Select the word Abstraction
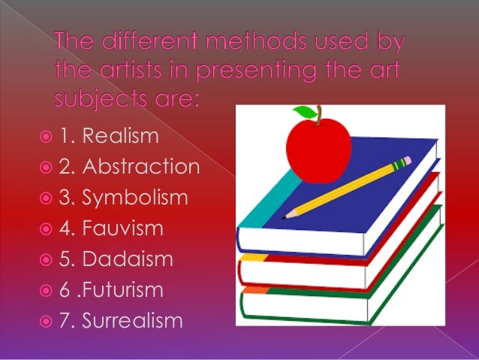140,167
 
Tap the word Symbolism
135,198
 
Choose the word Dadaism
128,259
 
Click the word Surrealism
132,321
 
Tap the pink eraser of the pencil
406,161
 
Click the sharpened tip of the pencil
285,216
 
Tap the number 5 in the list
65,259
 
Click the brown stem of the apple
320,114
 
